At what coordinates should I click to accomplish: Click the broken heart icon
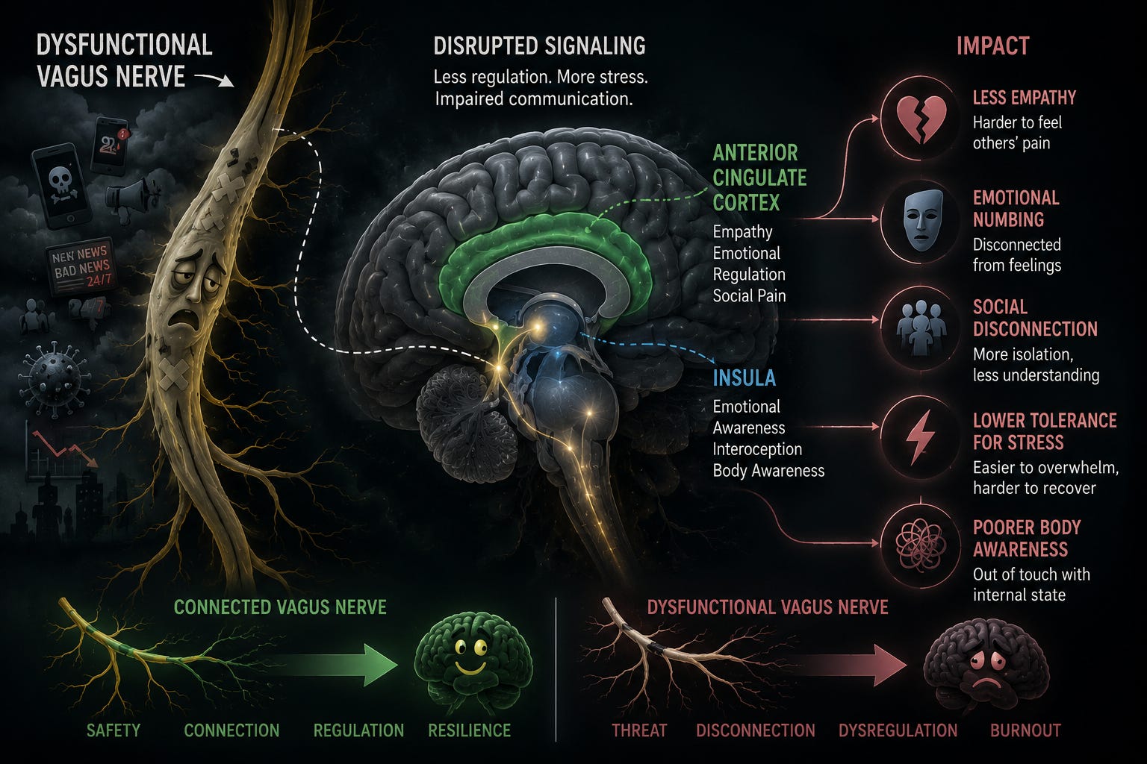pos(921,119)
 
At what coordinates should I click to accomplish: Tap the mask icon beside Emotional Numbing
pos(922,220)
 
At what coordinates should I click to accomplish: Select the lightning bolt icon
pos(921,437)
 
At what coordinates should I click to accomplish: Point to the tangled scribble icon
pos(921,543)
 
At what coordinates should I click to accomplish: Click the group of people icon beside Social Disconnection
pos(921,328)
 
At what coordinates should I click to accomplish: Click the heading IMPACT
pos(993,46)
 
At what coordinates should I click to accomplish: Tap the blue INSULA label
pos(744,378)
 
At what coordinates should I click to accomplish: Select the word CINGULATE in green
pos(759,178)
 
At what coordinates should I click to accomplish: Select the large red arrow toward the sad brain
pos(845,666)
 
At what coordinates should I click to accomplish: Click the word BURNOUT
pos(1025,730)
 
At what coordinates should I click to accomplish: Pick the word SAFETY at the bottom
pos(114,730)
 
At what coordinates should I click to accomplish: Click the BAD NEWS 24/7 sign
pos(81,266)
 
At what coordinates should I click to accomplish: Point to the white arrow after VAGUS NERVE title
pos(214,79)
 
